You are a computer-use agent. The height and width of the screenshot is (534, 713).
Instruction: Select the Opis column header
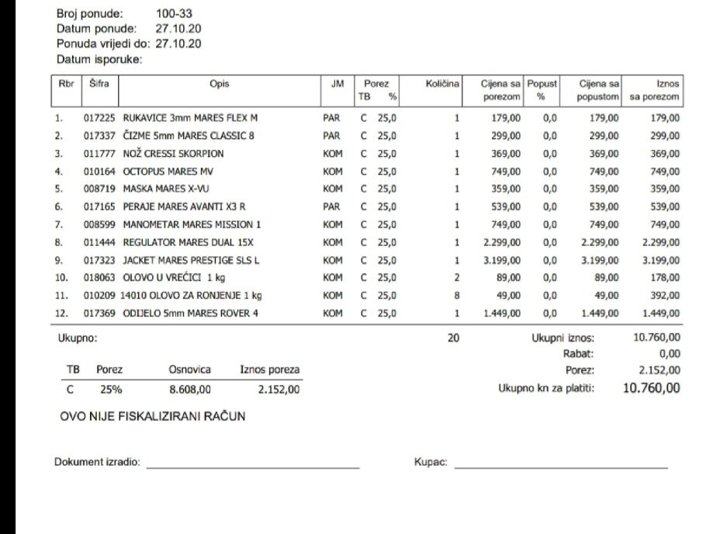(x=220, y=84)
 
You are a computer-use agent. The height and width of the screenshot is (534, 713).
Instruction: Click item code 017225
(x=99, y=119)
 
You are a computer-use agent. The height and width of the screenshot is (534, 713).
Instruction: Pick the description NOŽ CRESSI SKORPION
(x=173, y=154)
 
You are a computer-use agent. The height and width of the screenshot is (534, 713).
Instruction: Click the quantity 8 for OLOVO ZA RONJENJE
(x=457, y=296)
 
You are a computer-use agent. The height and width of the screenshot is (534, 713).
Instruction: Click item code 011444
(x=99, y=242)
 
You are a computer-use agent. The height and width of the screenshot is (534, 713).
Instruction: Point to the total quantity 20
(x=453, y=338)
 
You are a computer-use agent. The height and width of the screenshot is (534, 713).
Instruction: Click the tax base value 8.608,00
(x=190, y=390)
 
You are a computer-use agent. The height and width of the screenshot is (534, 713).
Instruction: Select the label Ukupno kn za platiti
(x=546, y=388)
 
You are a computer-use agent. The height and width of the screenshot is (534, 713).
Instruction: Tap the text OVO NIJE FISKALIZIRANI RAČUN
(x=153, y=417)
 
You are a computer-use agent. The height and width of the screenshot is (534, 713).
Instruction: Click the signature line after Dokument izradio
(x=253, y=466)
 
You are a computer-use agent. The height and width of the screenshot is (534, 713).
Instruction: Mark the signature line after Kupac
(x=560, y=466)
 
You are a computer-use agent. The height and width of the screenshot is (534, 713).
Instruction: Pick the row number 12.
(x=61, y=313)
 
